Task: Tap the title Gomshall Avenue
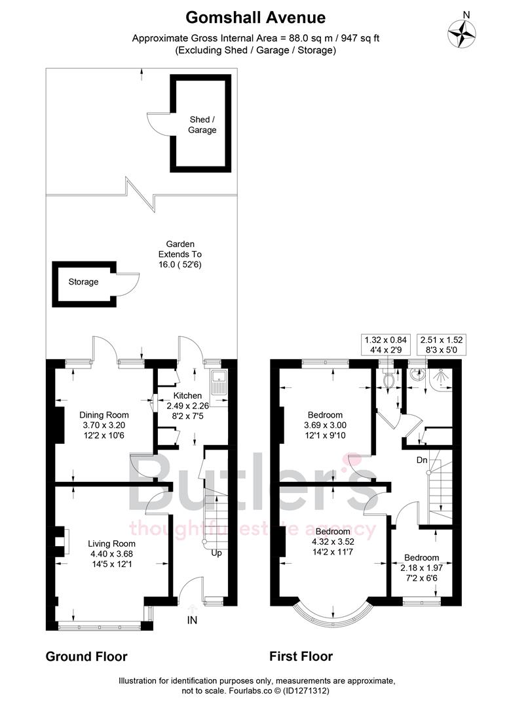click(255, 17)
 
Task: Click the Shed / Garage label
click(202, 125)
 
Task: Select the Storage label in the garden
click(83, 282)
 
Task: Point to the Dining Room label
click(104, 415)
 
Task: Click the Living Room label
click(112, 543)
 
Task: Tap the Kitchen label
click(187, 396)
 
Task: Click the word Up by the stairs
click(216, 553)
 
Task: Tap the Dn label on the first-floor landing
click(423, 460)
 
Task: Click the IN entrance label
click(192, 619)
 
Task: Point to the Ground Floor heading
click(86, 656)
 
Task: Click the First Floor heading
click(301, 656)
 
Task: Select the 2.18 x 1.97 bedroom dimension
click(421, 568)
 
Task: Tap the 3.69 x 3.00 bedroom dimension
click(325, 425)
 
